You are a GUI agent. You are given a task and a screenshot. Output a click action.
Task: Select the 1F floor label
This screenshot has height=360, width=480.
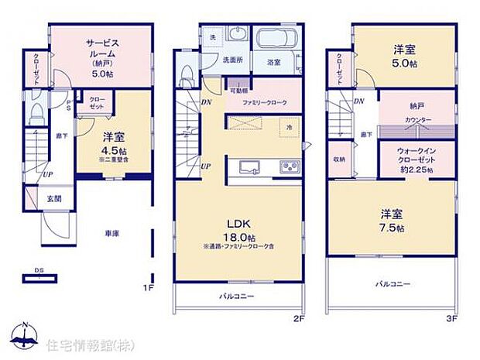[150, 287]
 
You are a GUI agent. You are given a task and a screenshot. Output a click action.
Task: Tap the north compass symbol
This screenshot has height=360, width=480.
[26, 336]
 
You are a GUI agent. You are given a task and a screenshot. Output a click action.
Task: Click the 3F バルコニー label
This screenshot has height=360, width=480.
[393, 283]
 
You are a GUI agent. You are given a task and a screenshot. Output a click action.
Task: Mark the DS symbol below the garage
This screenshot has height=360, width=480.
[38, 270]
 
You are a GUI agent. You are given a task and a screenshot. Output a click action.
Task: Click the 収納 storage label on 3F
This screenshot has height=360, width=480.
[338, 160]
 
